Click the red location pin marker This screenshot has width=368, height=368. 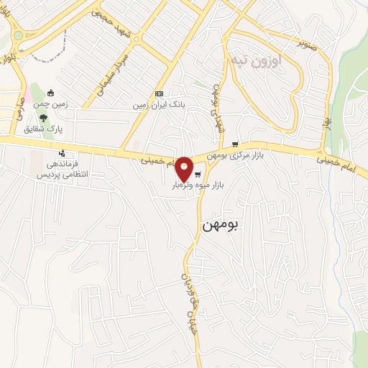[185, 168]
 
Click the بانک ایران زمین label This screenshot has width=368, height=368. [159, 105]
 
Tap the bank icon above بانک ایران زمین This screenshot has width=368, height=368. [159, 94]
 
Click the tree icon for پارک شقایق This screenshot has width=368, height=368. [45, 117]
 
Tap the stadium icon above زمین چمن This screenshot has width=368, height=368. [50, 93]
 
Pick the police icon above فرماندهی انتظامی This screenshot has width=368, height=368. [63, 153]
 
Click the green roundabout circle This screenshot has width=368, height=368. [17, 35]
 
